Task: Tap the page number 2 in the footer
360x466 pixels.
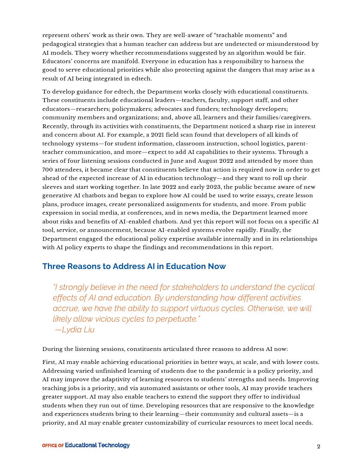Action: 318,447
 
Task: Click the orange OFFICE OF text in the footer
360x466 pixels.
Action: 53,446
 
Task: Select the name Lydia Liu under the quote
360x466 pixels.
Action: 78,330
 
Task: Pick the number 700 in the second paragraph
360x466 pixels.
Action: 48,170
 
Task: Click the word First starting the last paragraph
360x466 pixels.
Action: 49,362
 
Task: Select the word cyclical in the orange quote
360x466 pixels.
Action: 300,287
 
